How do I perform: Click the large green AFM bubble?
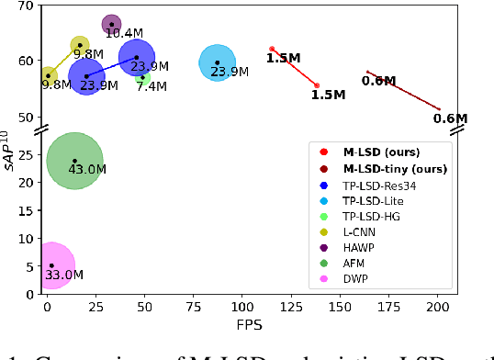pyautogui.click(x=75, y=161)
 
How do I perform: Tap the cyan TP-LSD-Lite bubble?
pyautogui.click(x=217, y=62)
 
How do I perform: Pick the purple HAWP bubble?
pyautogui.click(x=111, y=25)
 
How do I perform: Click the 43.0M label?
pyautogui.click(x=88, y=170)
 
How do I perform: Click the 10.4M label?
pyautogui.click(x=124, y=34)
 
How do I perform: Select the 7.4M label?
pyautogui.click(x=152, y=87)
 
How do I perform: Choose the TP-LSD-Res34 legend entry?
pyautogui.click(x=384, y=185)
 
